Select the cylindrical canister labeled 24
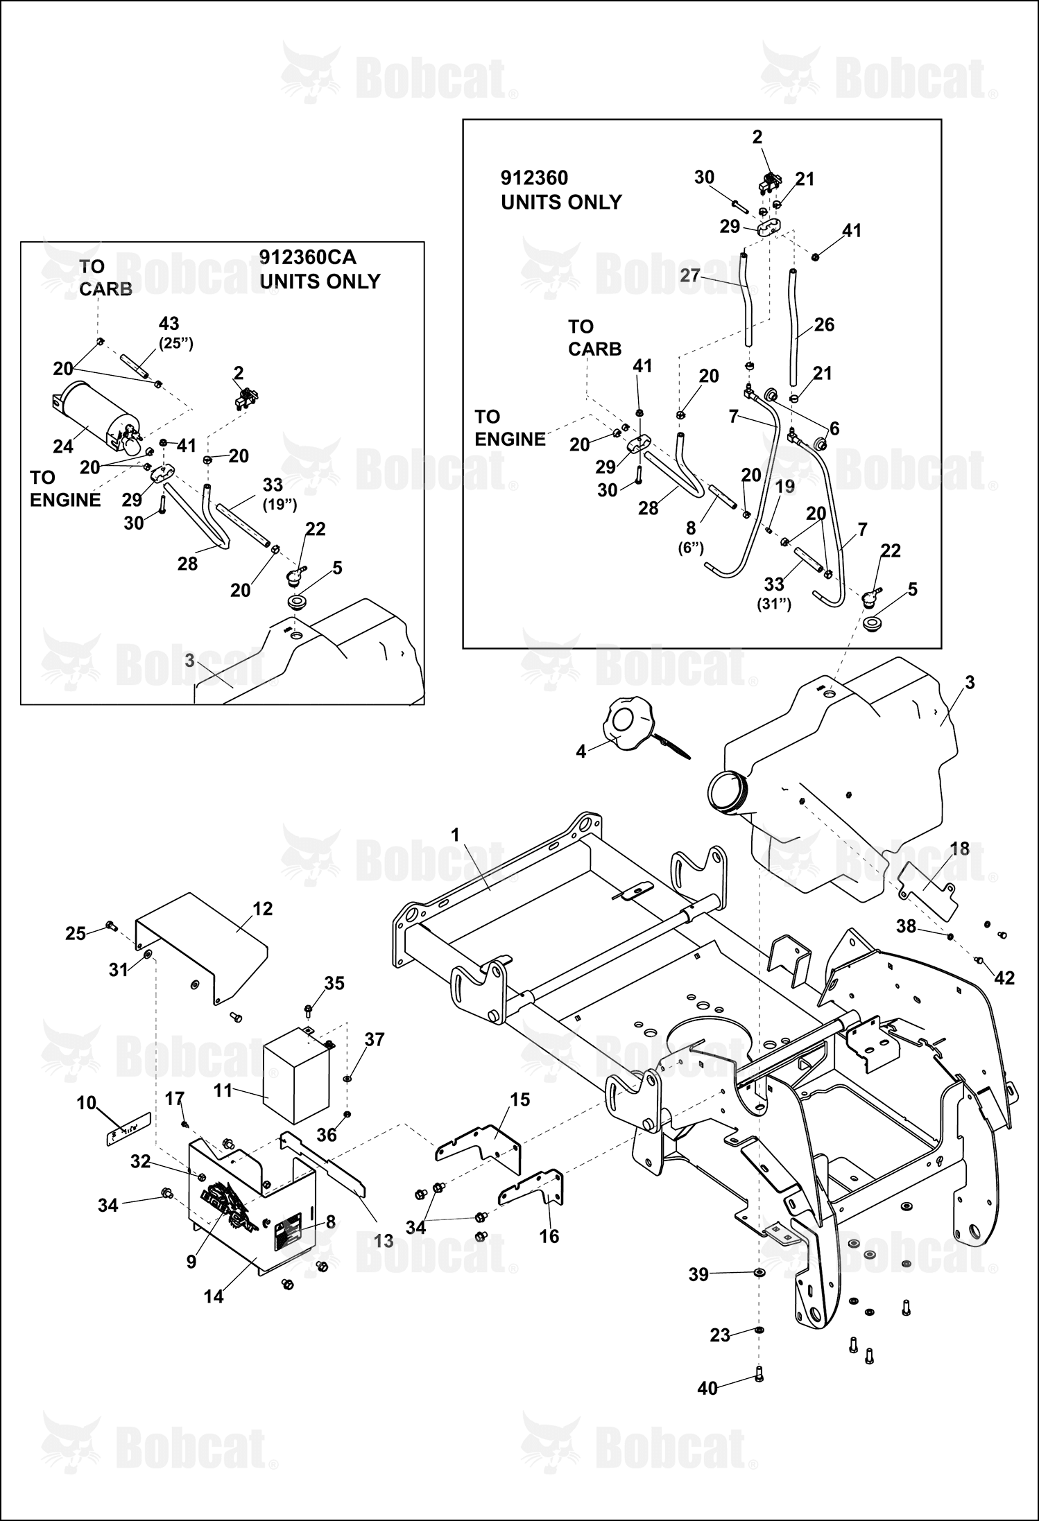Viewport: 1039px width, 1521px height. coord(91,415)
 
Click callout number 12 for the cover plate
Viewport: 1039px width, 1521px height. coord(263,908)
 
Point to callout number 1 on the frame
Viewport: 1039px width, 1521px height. coord(455,835)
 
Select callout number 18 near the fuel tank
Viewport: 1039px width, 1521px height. coord(959,849)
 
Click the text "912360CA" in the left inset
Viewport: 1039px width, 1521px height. coord(307,257)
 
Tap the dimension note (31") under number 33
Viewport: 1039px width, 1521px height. coord(774,604)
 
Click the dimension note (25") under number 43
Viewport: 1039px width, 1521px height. coord(175,344)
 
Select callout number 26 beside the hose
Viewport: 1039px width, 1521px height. coord(824,324)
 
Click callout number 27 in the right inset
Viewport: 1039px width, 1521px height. coord(690,275)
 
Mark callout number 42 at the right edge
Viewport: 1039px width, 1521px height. coord(1004,977)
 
